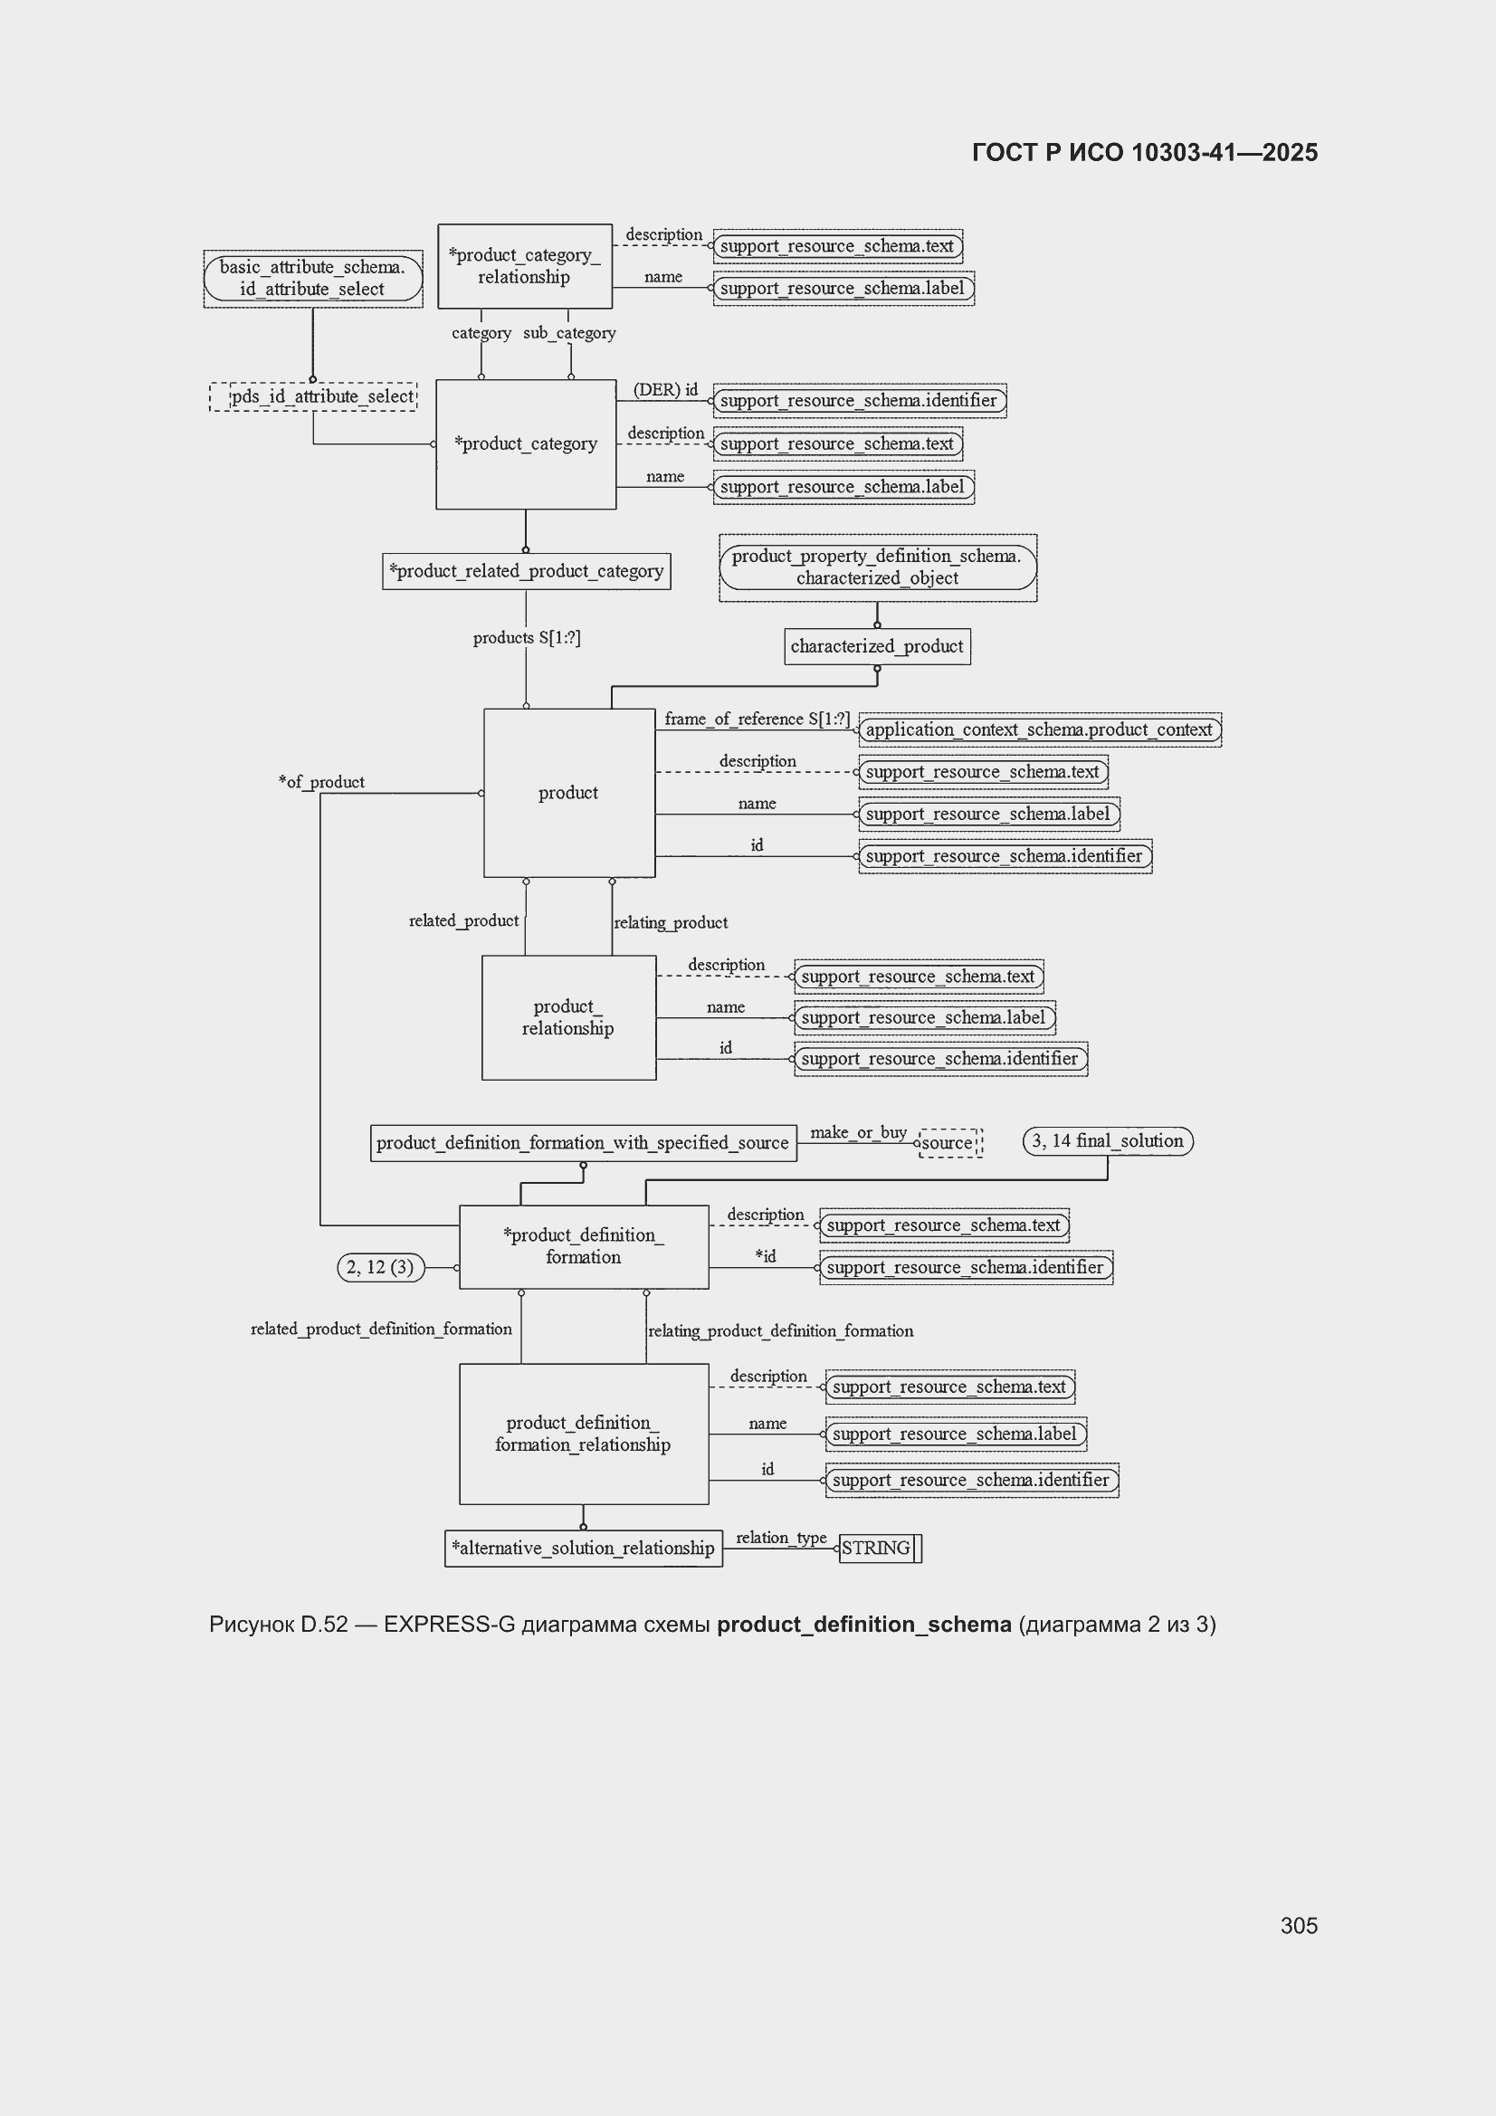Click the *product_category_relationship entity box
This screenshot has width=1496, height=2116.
(525, 266)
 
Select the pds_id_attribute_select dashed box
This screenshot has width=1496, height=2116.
(313, 396)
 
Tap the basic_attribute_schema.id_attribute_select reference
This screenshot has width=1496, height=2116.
(313, 279)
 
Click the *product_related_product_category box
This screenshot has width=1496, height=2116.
(527, 571)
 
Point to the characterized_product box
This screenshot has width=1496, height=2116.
(877, 646)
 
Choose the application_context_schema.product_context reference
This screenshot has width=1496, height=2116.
(1040, 729)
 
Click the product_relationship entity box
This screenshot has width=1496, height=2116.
(568, 1017)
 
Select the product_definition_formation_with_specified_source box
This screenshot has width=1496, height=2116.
(584, 1143)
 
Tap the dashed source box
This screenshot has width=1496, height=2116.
(950, 1143)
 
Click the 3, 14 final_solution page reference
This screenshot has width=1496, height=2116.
(1108, 1141)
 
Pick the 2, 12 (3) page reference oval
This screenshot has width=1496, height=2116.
(381, 1267)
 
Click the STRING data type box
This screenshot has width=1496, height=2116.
(881, 1549)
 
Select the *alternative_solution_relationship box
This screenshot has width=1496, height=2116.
(584, 1549)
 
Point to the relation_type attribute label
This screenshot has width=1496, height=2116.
(781, 1538)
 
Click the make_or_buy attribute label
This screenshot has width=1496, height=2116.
(858, 1131)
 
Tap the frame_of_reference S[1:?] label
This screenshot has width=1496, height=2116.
(757, 719)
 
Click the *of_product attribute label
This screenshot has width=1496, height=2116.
(321, 782)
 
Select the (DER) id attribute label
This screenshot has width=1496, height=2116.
(665, 390)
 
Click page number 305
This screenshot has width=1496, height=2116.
(1299, 1925)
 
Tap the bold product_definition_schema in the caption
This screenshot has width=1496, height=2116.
(863, 1624)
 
